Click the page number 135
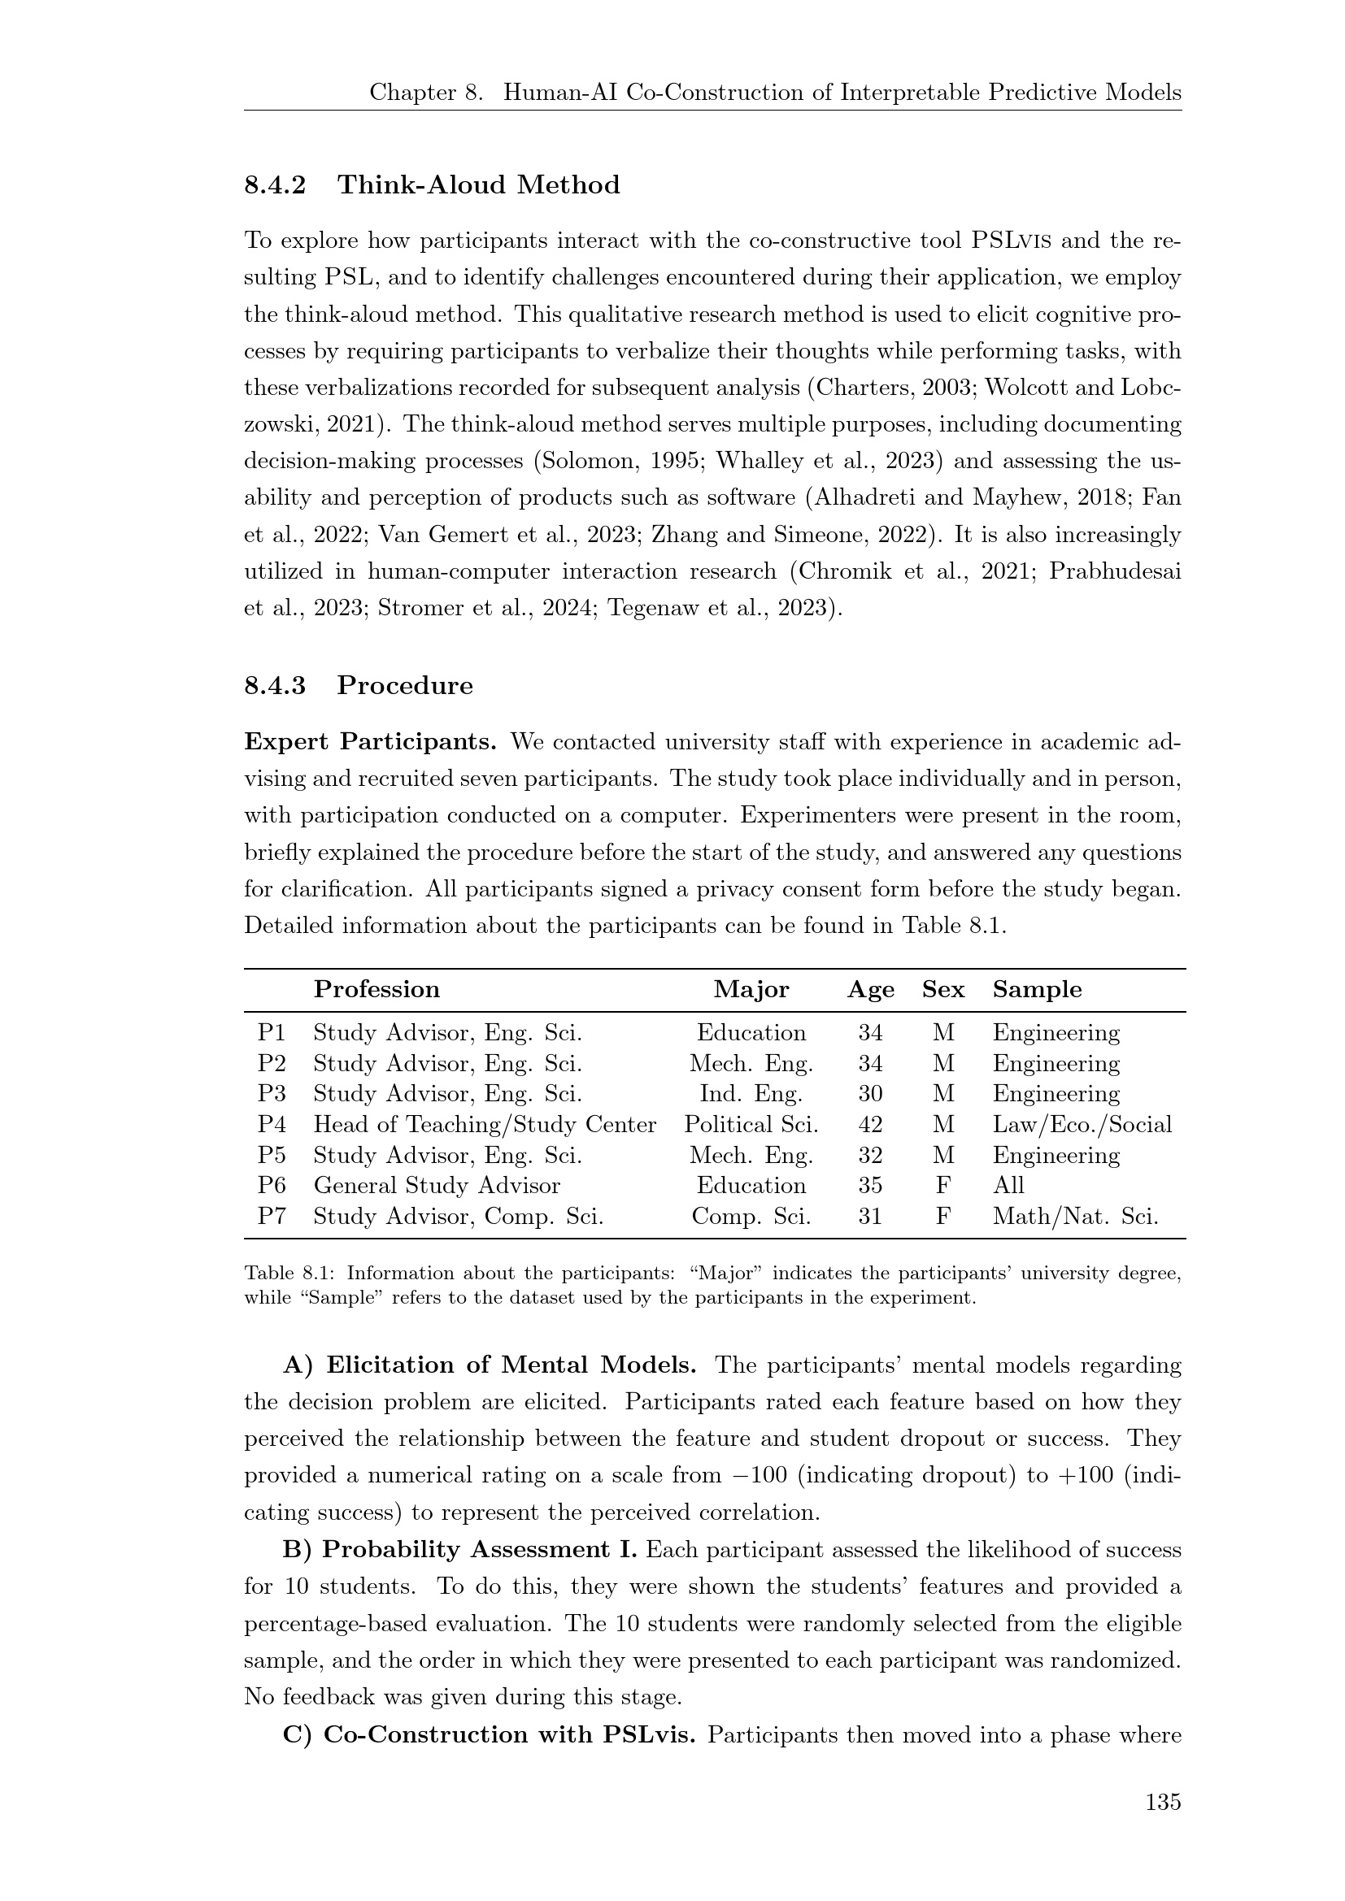click(1163, 1802)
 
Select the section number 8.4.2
click(275, 184)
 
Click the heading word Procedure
click(405, 686)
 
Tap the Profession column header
click(377, 989)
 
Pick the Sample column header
click(1037, 989)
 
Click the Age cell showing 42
click(870, 1124)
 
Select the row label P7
click(272, 1217)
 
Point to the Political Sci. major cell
click(751, 1124)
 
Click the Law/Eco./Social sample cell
click(1082, 1124)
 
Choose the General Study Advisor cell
click(437, 1186)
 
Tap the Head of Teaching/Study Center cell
click(485, 1124)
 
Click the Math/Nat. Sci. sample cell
click(1075, 1217)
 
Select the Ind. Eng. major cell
click(751, 1094)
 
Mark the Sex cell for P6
click(942, 1186)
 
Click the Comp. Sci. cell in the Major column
click(751, 1217)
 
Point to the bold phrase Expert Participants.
click(370, 742)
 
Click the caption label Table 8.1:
click(295, 1273)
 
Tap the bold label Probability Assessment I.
click(479, 1550)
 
